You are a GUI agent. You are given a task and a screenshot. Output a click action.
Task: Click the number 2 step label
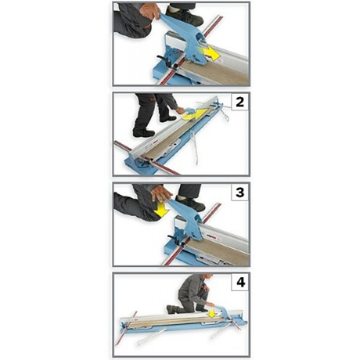coord(239,102)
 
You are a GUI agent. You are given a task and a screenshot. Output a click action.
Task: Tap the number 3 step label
coord(239,192)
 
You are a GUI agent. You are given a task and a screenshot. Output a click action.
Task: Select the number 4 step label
coord(240,282)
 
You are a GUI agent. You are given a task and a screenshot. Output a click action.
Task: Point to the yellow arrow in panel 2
coord(194,114)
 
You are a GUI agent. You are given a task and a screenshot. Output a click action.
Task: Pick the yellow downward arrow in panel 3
coord(162,209)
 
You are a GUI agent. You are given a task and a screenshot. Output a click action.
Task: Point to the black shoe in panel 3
coord(190,203)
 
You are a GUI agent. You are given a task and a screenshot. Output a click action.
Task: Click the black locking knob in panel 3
coord(175,239)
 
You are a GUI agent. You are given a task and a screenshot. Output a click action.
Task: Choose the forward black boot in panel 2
coord(168,119)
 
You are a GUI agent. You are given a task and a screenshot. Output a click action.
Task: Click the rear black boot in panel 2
coord(143,133)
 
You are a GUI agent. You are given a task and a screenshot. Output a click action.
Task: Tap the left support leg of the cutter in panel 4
coord(149,337)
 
